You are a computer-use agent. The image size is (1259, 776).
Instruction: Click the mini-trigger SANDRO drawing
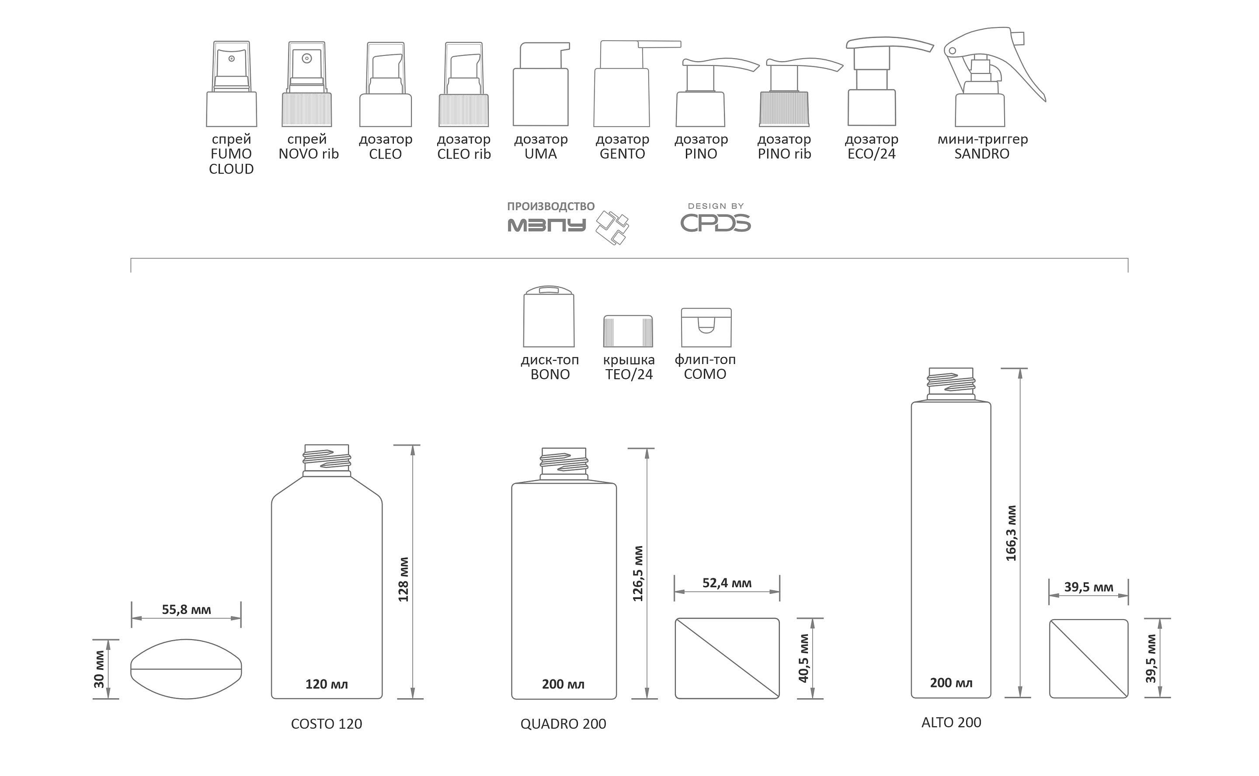[994, 76]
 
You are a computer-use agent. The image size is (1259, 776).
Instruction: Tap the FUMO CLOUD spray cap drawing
[232, 83]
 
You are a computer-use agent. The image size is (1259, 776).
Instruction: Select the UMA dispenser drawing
[541, 83]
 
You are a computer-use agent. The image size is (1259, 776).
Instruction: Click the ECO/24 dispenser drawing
[889, 81]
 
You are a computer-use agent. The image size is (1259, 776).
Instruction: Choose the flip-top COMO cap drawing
[706, 327]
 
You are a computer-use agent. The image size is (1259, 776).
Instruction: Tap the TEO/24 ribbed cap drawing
[628, 331]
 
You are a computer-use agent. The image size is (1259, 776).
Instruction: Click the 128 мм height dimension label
[403, 579]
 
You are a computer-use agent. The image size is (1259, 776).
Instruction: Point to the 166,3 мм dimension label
[1011, 533]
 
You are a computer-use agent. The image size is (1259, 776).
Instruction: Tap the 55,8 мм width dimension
[186, 609]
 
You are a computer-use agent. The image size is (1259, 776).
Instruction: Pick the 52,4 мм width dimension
[727, 582]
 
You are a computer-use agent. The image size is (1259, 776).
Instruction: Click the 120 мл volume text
[327, 684]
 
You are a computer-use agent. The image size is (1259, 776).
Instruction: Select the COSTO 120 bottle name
[327, 724]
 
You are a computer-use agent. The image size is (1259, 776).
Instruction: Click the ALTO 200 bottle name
[951, 722]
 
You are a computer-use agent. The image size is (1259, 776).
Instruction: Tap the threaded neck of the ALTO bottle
[951, 384]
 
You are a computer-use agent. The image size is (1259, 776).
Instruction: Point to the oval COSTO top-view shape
[186, 669]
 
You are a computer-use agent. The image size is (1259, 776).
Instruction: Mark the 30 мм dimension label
[99, 669]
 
